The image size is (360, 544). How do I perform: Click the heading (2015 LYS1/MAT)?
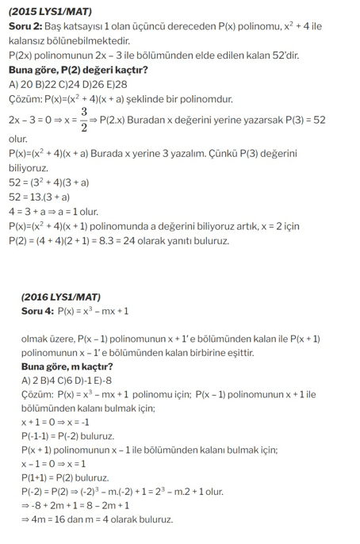coord(50,12)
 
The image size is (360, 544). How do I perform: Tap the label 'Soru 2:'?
coord(25,26)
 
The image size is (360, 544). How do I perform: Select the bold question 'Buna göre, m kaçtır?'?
coord(67,366)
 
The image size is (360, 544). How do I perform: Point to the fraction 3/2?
coord(83,119)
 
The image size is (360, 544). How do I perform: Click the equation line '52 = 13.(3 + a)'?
coord(39,197)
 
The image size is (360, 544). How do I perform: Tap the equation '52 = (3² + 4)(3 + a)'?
coord(49,182)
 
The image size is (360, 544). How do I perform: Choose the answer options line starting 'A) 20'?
coord(67,84)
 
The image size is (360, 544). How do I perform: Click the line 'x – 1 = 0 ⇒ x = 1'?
coord(53,464)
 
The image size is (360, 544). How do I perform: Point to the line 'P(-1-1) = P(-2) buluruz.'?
coord(67,436)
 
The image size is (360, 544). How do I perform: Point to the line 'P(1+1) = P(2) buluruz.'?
coord(65,478)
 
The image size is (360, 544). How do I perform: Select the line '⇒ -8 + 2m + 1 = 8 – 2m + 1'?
coord(77,506)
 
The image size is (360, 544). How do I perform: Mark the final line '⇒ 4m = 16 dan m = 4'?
coord(97,520)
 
